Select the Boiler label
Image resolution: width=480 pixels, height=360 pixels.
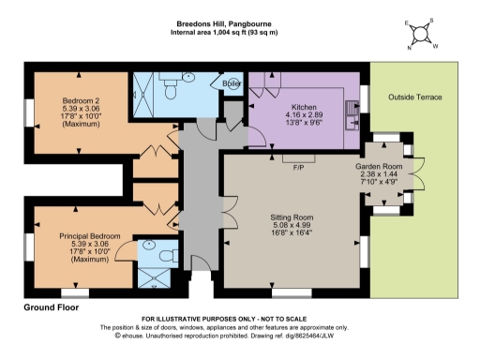(x=232, y=82)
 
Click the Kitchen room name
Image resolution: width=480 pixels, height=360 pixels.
(x=306, y=106)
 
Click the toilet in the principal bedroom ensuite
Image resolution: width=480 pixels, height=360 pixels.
(x=167, y=254)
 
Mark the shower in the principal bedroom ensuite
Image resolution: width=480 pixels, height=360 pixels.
(x=149, y=277)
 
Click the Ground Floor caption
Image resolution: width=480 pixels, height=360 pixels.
(x=51, y=307)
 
